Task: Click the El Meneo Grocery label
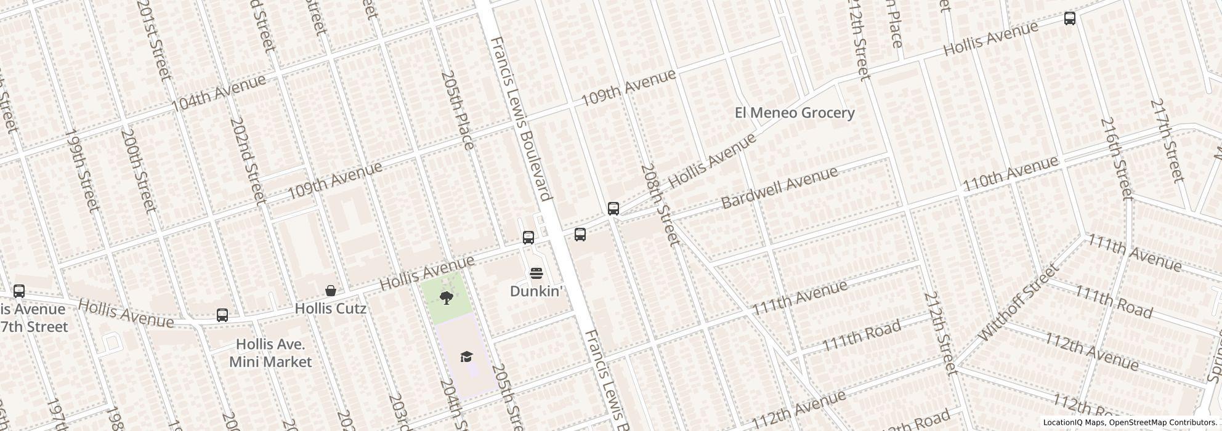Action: (795, 113)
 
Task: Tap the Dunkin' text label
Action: (536, 291)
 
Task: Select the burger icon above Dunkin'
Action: (536, 273)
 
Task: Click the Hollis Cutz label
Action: (331, 308)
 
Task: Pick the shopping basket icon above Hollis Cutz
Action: (331, 291)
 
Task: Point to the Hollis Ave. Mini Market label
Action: (270, 353)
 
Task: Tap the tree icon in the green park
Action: (447, 299)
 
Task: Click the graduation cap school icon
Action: (466, 356)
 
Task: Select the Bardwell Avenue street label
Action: (779, 187)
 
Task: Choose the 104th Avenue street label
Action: (219, 92)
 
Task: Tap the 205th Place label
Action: (458, 110)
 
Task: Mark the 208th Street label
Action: (660, 204)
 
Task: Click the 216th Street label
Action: (1116, 158)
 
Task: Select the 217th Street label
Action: (1167, 140)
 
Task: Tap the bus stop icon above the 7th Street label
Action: (19, 291)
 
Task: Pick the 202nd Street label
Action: (247, 160)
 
